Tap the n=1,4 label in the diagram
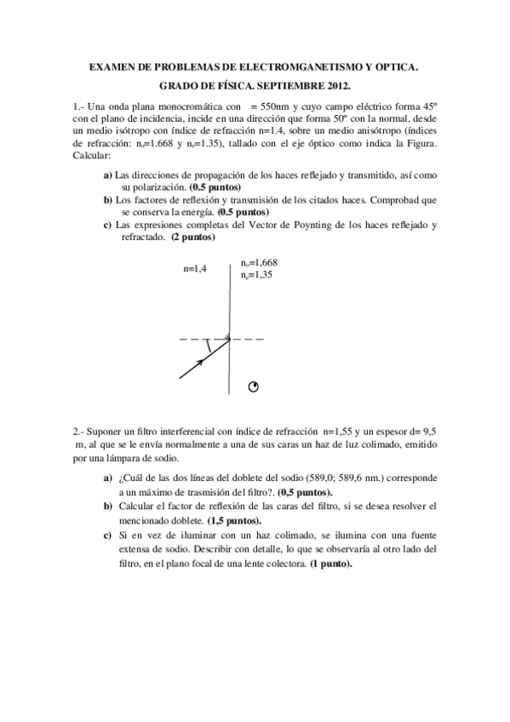(x=196, y=269)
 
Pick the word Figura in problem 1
(x=420, y=144)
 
